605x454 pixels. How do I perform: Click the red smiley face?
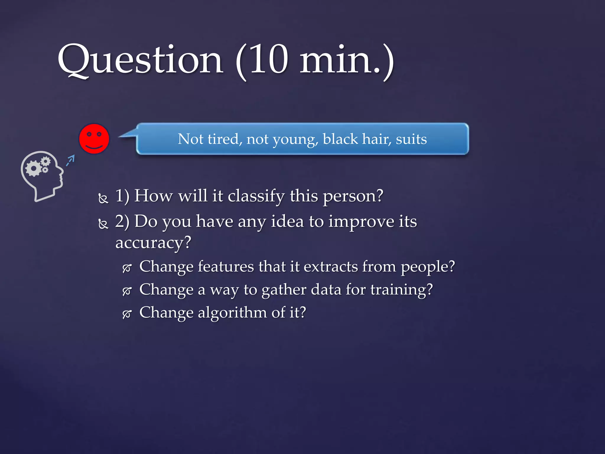pyautogui.click(x=94, y=139)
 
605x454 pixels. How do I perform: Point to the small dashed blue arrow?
pyautogui.click(x=70, y=160)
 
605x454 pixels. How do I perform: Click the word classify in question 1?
pyautogui.click(x=256, y=196)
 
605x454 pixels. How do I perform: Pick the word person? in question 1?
pyautogui.click(x=353, y=196)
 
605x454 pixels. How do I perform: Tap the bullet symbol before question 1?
pyautogui.click(x=103, y=199)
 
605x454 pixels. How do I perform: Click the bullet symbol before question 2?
pyautogui.click(x=103, y=224)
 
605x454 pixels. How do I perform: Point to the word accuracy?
pyautogui.click(x=153, y=243)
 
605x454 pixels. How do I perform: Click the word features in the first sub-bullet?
pyautogui.click(x=226, y=267)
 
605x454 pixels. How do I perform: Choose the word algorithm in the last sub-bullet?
pyautogui.click(x=232, y=312)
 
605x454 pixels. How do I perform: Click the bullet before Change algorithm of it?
pyautogui.click(x=127, y=314)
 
